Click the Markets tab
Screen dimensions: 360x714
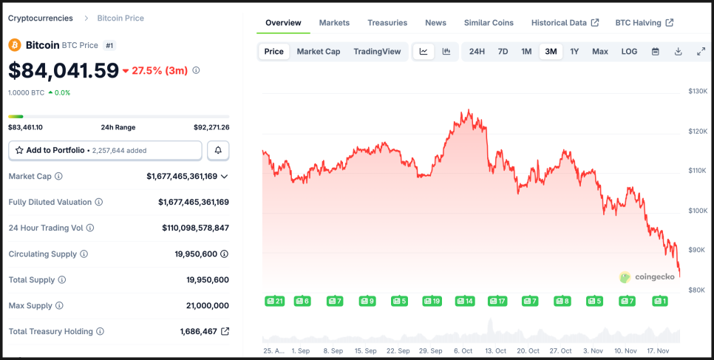334,23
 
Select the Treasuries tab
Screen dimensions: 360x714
387,23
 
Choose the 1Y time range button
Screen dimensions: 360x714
574,52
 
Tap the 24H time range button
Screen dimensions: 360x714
477,52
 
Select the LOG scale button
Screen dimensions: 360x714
629,52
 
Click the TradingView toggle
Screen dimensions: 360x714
377,52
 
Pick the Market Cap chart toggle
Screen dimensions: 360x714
319,52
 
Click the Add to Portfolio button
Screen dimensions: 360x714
105,150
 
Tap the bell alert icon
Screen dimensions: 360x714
218,150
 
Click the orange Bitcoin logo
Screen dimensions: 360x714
15,45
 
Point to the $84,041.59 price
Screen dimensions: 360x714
64,70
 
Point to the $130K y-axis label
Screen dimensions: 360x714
698,91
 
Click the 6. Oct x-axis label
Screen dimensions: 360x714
463,351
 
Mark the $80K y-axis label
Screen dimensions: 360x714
697,290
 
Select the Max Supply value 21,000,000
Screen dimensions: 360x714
204,305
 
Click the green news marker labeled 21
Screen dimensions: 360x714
274,301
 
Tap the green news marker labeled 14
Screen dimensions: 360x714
464,301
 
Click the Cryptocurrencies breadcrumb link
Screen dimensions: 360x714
41,18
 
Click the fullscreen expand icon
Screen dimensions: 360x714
701,52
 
